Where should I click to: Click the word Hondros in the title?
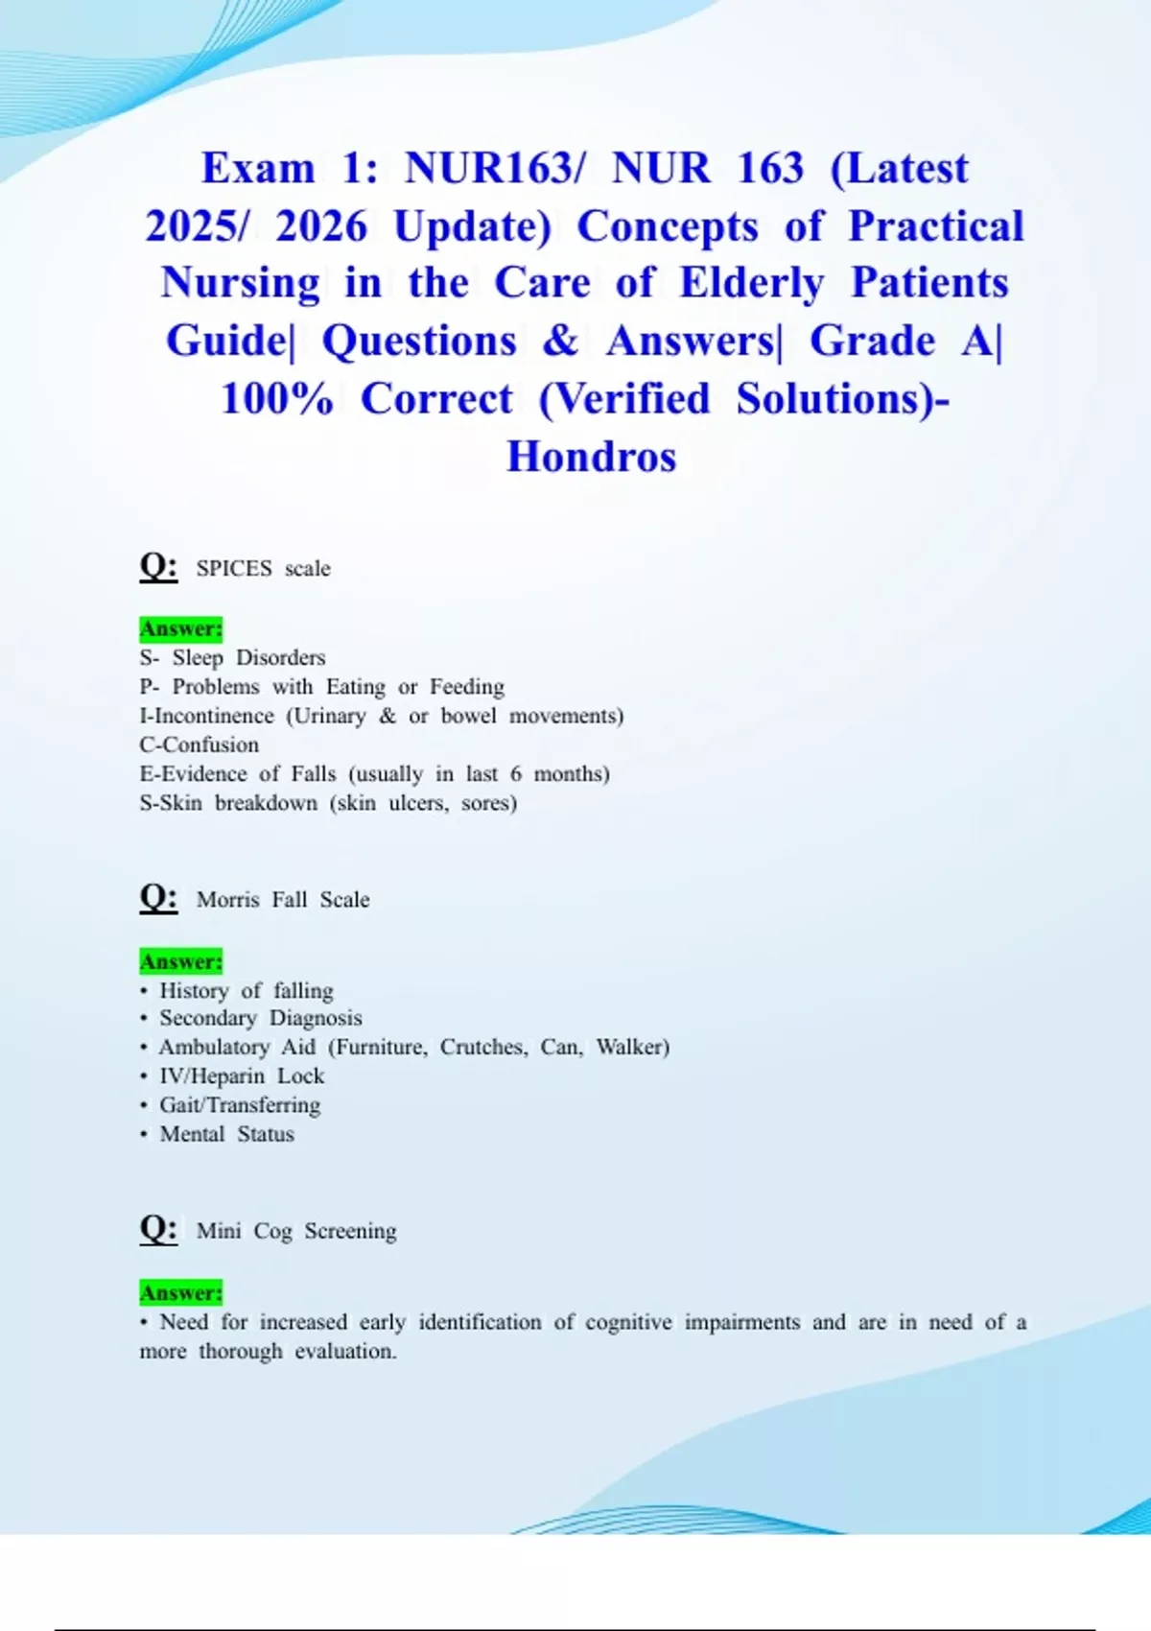591,457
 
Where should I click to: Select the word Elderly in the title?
751,284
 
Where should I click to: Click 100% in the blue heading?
276,399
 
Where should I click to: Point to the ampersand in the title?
560,341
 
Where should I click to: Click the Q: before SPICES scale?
158,566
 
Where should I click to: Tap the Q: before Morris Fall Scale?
158,897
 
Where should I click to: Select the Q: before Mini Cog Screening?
158,1228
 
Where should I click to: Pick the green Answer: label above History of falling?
181,962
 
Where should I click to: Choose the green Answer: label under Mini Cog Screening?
181,1293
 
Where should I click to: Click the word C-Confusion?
200,745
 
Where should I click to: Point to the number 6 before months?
516,775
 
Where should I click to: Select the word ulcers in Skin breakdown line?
418,804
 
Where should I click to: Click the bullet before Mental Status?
144,1135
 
